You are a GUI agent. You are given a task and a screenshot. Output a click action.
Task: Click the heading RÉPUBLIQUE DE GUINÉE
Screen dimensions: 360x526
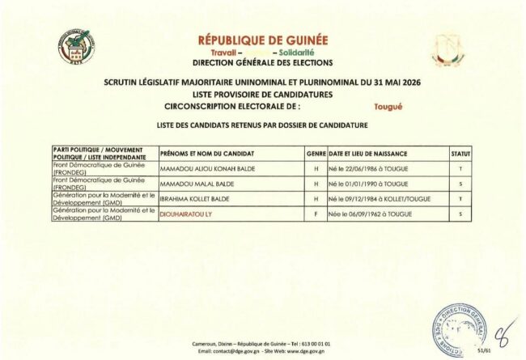pyautogui.click(x=262, y=40)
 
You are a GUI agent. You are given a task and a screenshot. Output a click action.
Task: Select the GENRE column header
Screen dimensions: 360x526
pyautogui.click(x=316, y=153)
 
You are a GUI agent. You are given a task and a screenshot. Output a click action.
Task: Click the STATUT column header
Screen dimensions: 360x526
pyautogui.click(x=460, y=153)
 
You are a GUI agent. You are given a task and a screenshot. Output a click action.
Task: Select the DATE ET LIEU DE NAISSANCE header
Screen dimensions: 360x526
pyautogui.click(x=367, y=153)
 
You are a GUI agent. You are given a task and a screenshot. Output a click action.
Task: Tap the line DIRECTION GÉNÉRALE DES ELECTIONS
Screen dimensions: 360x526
pyautogui.click(x=262, y=61)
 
